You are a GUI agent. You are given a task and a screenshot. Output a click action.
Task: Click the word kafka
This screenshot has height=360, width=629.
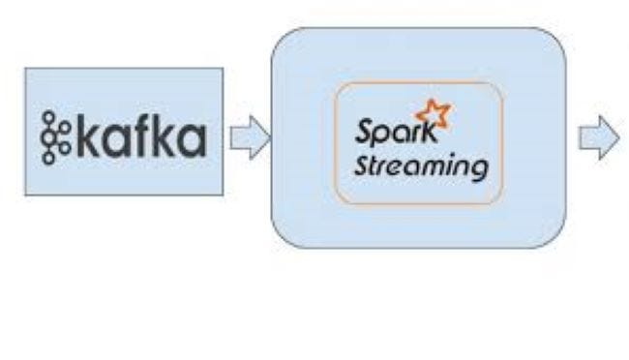point(140,136)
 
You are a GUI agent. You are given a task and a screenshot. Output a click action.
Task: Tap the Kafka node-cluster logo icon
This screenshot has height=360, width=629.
point(56,136)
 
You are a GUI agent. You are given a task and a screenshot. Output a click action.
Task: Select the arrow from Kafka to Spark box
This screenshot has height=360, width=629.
point(249,138)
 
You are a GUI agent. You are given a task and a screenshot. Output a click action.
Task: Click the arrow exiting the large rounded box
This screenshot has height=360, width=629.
point(598,138)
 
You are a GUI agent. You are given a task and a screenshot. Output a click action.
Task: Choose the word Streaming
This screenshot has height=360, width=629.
point(419,167)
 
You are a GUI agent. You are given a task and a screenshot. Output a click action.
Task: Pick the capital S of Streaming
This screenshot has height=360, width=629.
point(362,165)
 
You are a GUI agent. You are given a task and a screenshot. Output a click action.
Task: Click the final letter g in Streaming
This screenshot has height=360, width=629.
point(476,171)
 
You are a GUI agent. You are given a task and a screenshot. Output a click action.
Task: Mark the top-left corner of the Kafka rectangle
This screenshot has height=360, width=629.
point(25,69)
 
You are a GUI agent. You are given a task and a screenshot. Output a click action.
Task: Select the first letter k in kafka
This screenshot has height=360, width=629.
point(87,136)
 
